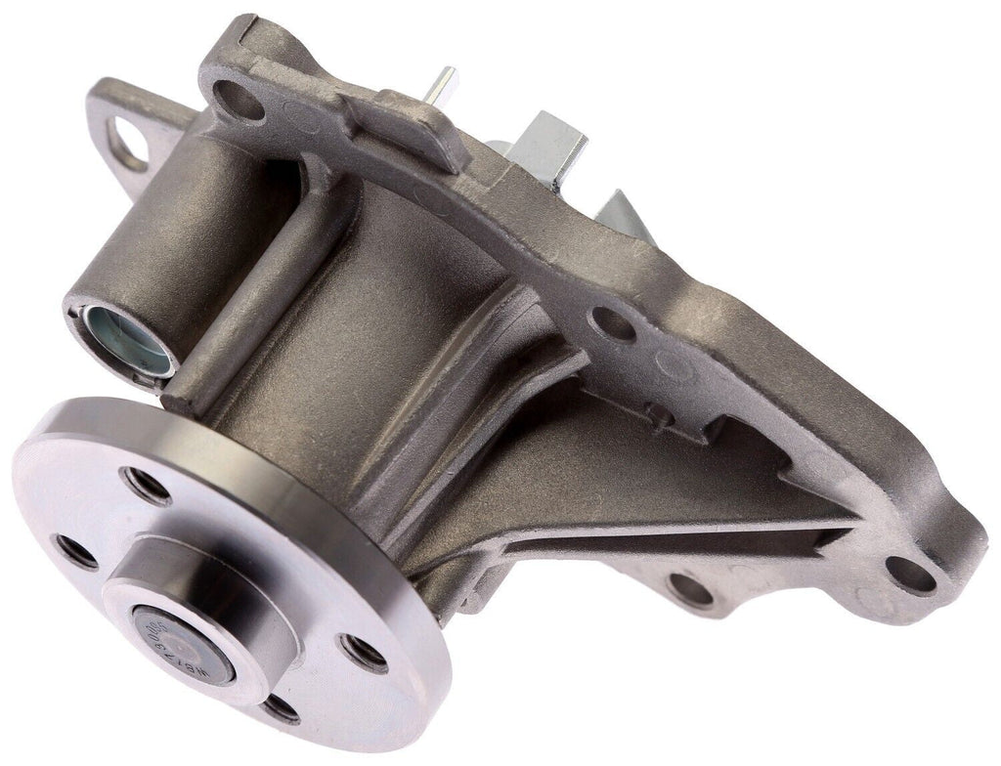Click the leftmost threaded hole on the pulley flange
click(76, 552)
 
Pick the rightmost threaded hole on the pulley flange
click(364, 653)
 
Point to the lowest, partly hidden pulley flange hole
click(282, 707)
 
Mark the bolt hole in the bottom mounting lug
click(690, 589)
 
